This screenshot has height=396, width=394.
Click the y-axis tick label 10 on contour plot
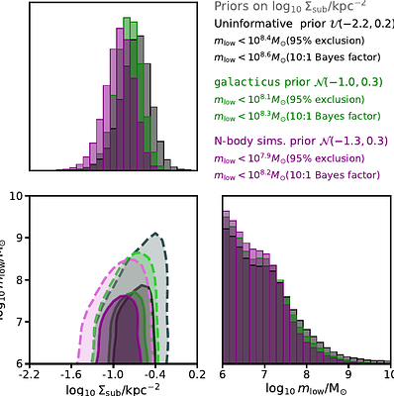(x=16, y=196)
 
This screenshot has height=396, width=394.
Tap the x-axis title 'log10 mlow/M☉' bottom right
(x=307, y=389)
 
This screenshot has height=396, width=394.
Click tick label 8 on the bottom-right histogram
(x=307, y=376)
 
